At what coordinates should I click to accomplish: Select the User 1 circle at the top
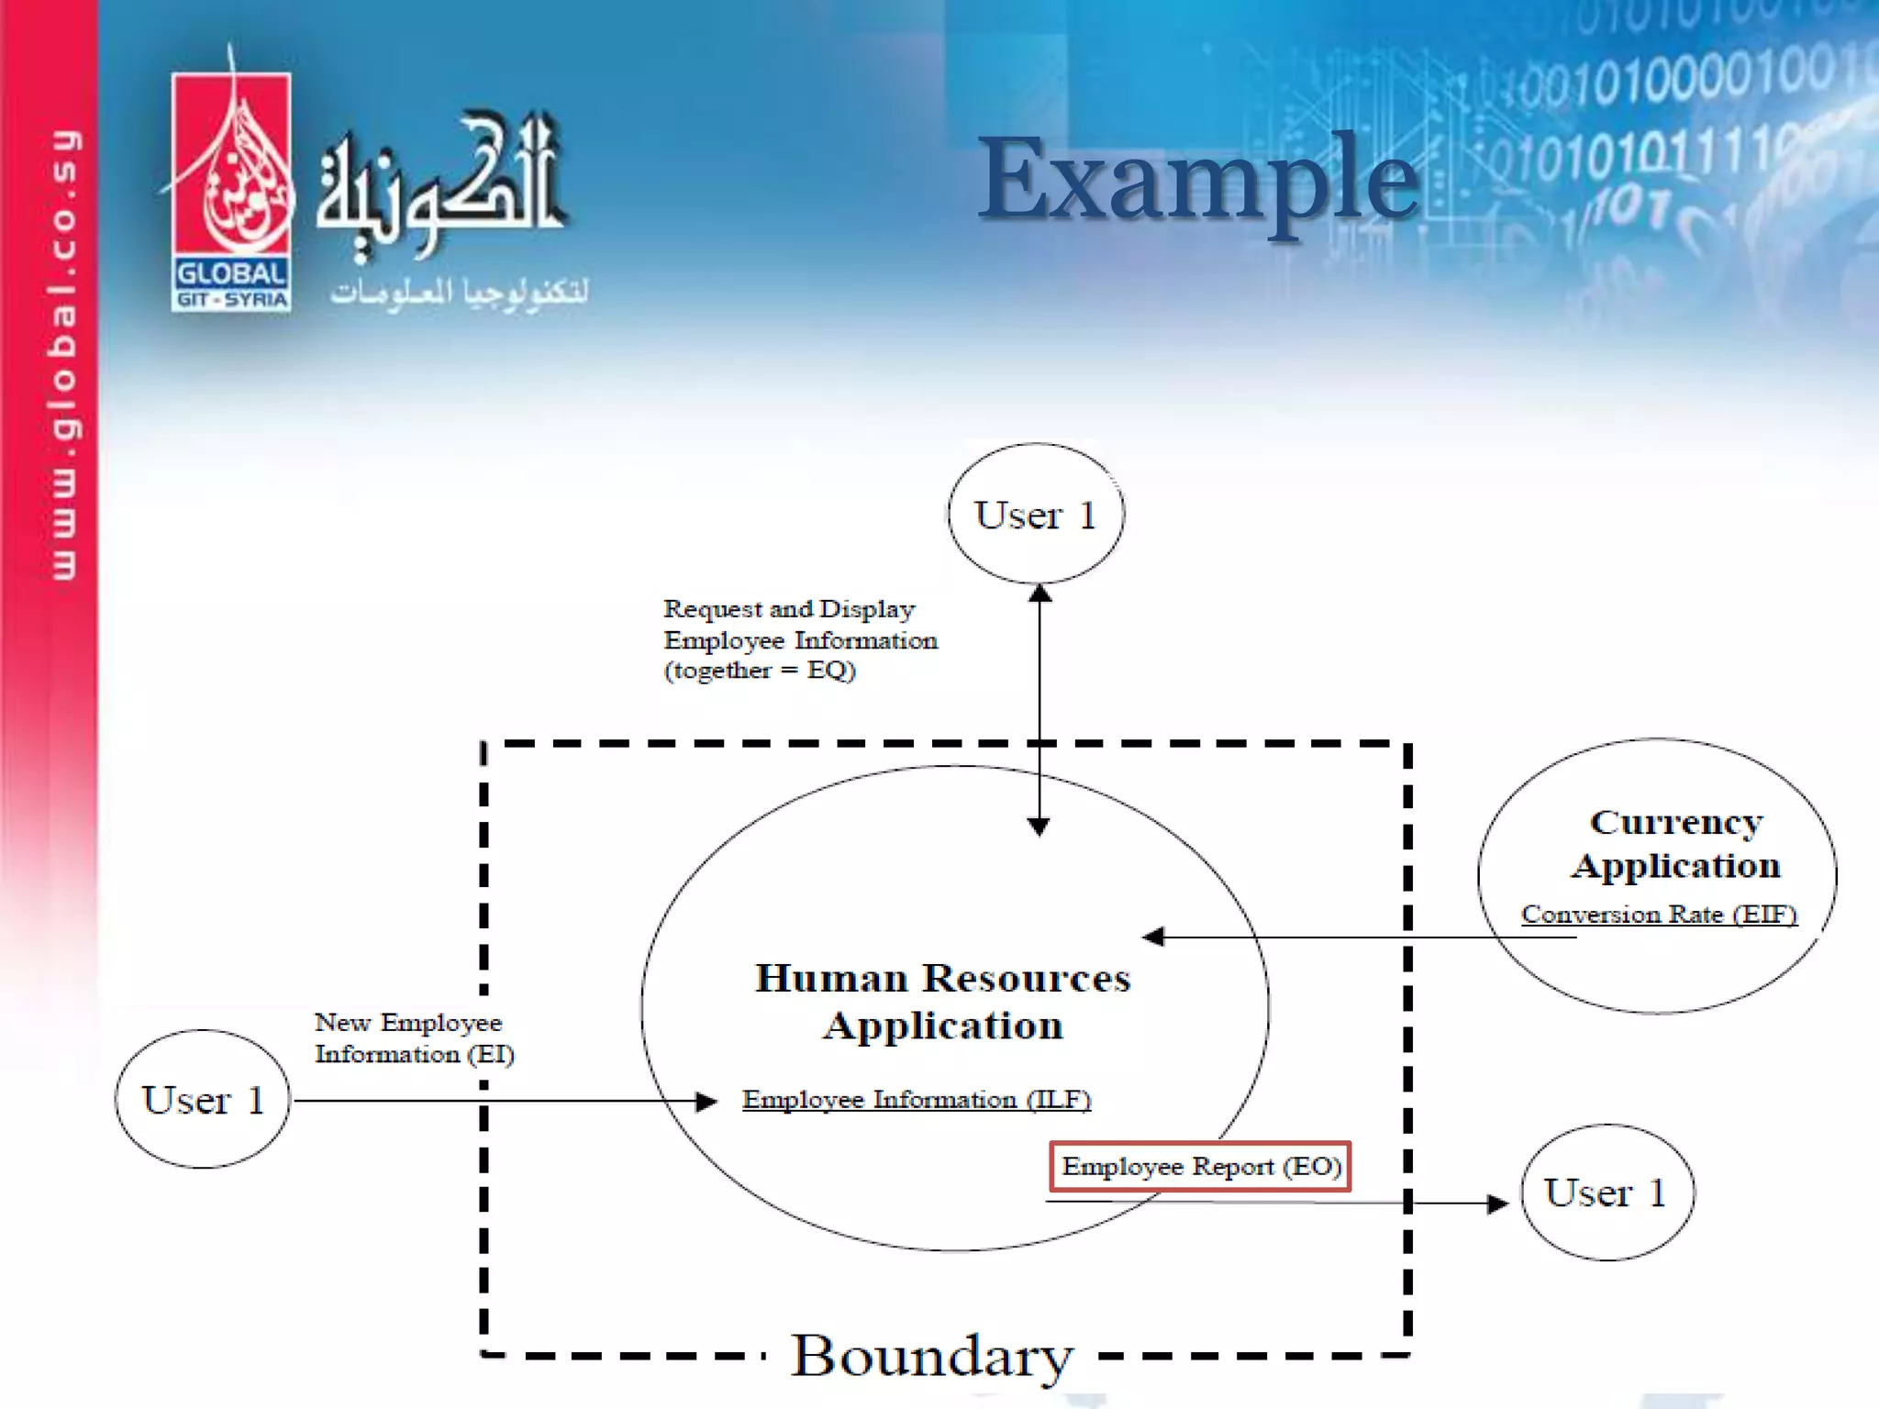pos(1036,514)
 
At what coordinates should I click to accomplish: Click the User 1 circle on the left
pos(203,1099)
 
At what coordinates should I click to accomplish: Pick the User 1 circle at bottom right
pos(1607,1193)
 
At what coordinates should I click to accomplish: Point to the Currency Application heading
pos(1675,844)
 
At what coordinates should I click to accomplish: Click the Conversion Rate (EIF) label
pos(1658,915)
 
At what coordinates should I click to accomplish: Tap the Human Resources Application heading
pos(942,1002)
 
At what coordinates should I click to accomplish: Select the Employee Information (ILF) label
pos(916,1099)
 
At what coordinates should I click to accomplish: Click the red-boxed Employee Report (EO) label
pos(1200,1167)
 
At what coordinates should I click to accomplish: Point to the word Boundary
pos(931,1356)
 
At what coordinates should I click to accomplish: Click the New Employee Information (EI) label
pos(414,1037)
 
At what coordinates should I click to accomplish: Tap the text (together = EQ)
pos(760,671)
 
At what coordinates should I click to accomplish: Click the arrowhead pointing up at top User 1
pos(1040,593)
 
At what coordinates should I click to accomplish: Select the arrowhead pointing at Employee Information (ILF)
pos(707,1101)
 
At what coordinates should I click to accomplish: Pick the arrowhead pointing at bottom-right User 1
pos(1497,1203)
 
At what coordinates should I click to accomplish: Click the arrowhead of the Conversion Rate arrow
pos(1152,937)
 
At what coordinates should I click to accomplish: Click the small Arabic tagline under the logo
pos(459,292)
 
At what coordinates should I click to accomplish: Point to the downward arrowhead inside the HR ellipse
pos(1039,827)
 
